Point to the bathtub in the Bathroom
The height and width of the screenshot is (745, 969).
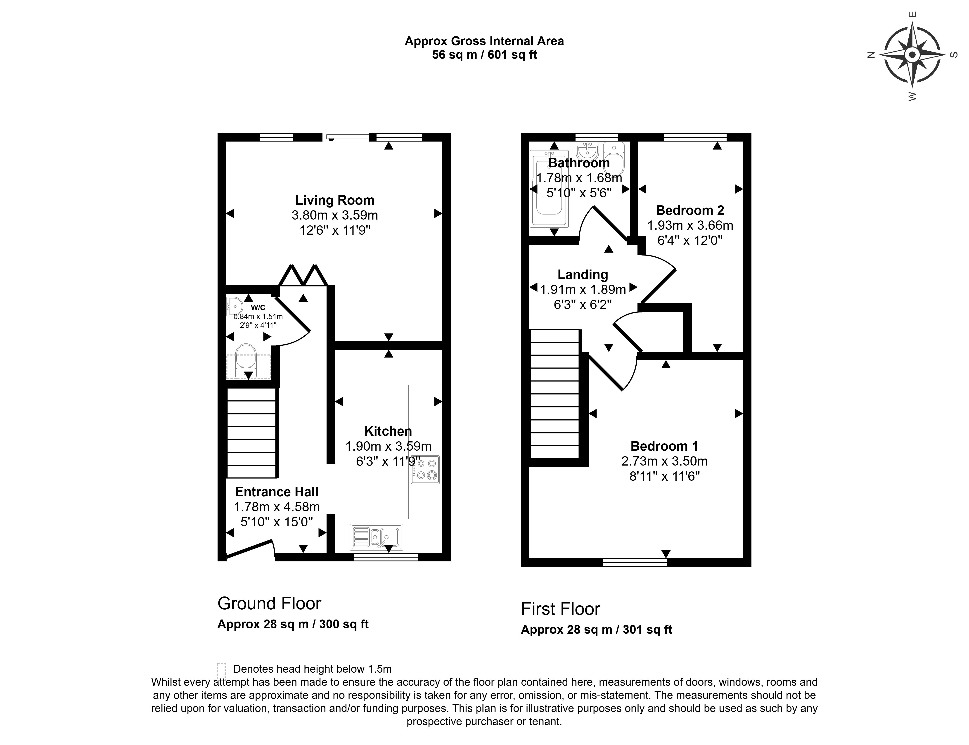549,189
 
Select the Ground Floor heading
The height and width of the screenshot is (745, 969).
269,603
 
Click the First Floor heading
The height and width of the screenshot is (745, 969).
561,609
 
